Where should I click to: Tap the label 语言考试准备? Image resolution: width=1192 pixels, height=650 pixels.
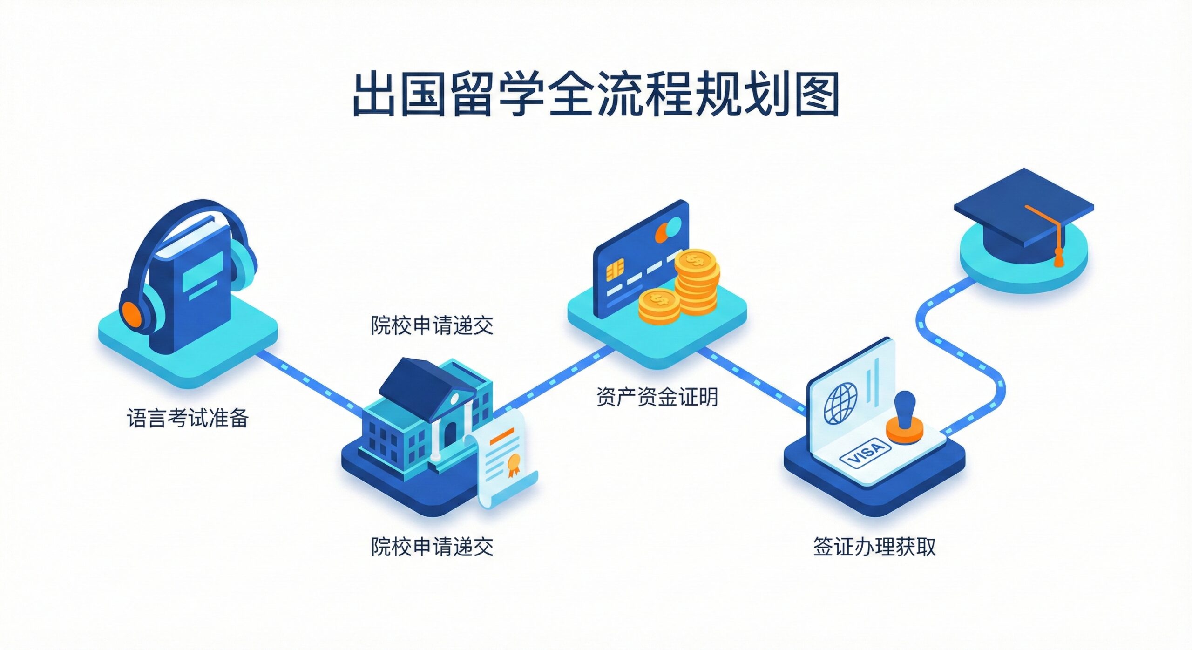188,418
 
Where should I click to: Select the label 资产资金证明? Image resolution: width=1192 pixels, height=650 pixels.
657,397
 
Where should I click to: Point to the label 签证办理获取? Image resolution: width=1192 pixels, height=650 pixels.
874,546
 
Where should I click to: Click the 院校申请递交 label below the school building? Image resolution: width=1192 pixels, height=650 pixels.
432,546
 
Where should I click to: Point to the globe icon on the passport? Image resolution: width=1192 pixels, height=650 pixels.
840,403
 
